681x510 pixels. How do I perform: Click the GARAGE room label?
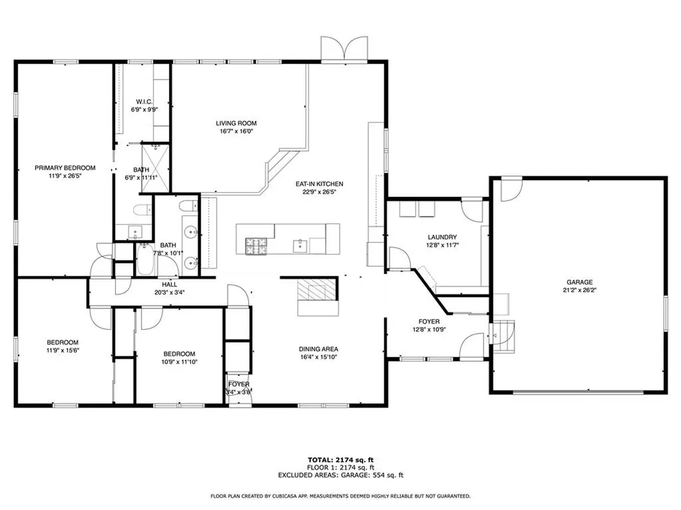579,283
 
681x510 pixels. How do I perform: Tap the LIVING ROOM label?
236,124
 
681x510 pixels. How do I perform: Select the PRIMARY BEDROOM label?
65,168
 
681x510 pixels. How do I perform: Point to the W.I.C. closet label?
144,102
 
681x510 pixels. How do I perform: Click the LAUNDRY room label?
442,237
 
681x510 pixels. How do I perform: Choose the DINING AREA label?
319,349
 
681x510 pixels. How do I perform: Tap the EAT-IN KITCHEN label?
319,184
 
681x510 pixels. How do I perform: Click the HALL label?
170,285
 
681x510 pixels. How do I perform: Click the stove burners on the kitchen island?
256,246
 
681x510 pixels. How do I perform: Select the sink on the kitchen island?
301,246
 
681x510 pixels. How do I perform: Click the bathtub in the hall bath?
144,259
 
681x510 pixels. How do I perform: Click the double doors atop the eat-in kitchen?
344,48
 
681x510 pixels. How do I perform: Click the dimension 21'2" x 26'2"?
579,290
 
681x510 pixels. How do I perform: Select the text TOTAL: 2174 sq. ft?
340,460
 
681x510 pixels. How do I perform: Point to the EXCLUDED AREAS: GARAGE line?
340,475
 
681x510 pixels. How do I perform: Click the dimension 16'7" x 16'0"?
236,131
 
